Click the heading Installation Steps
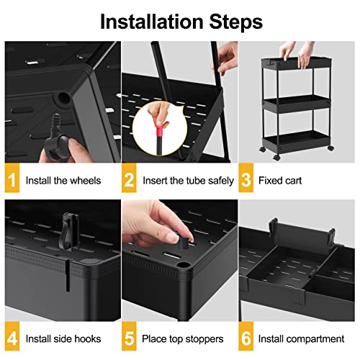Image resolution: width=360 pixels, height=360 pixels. (x=179, y=20)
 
